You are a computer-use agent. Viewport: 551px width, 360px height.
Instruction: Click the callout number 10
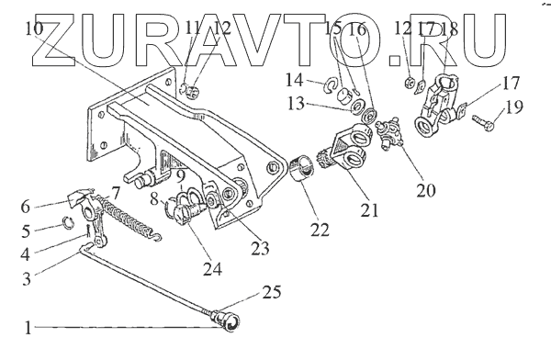pos(35,28)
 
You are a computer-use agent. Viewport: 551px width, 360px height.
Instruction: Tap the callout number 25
pos(272,292)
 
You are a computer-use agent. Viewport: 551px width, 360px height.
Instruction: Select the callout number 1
pos(28,328)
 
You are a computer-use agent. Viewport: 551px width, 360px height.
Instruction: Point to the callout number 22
pos(320,230)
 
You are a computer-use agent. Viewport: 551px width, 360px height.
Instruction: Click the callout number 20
pos(426,190)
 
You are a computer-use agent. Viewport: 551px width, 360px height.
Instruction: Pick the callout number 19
pos(513,107)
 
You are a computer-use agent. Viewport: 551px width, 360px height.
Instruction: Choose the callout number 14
pos(294,80)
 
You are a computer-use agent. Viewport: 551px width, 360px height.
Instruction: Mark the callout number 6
pos(26,207)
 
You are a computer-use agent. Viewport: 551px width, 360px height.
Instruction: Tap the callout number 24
pos(213,270)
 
